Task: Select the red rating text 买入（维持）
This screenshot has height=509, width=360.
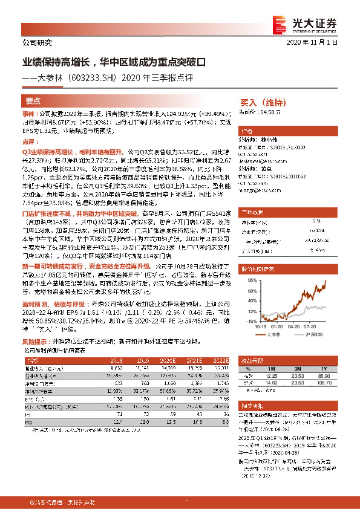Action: (263, 102)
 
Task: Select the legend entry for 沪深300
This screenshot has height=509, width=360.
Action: (314, 333)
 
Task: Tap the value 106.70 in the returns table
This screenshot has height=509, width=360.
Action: (327, 382)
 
